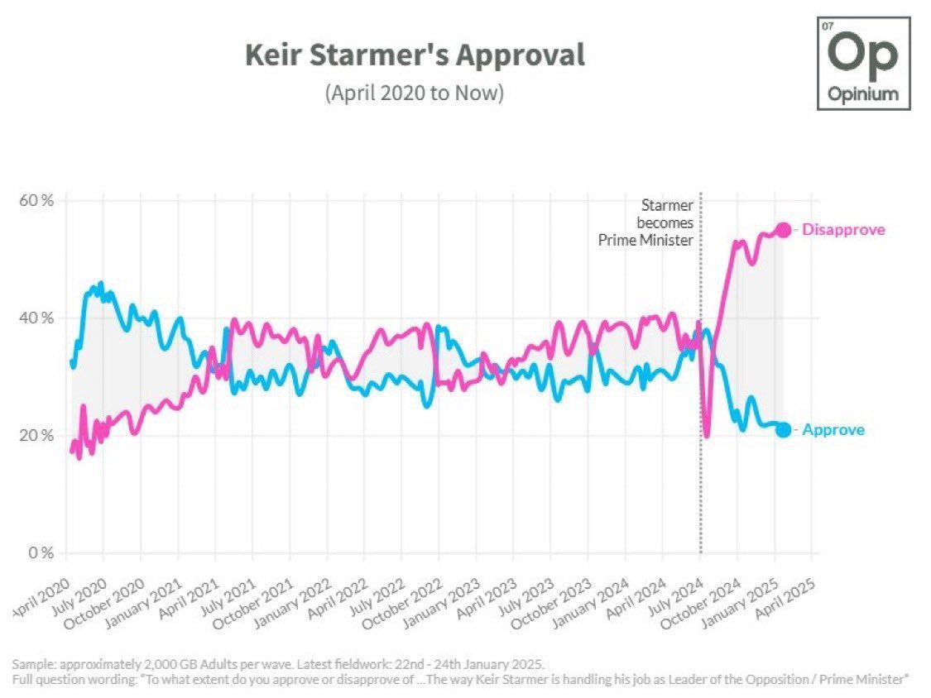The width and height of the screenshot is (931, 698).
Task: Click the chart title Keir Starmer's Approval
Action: [415, 55]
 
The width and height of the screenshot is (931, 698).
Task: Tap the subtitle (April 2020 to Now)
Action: [415, 93]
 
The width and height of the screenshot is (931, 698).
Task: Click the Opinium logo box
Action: [862, 65]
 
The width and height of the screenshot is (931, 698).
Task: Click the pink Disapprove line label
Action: [843, 230]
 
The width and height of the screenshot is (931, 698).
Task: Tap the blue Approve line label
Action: [833, 430]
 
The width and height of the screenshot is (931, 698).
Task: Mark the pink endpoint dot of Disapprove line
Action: [783, 230]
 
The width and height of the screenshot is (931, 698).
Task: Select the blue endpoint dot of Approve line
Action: [783, 430]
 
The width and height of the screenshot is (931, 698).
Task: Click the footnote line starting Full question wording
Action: [461, 680]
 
